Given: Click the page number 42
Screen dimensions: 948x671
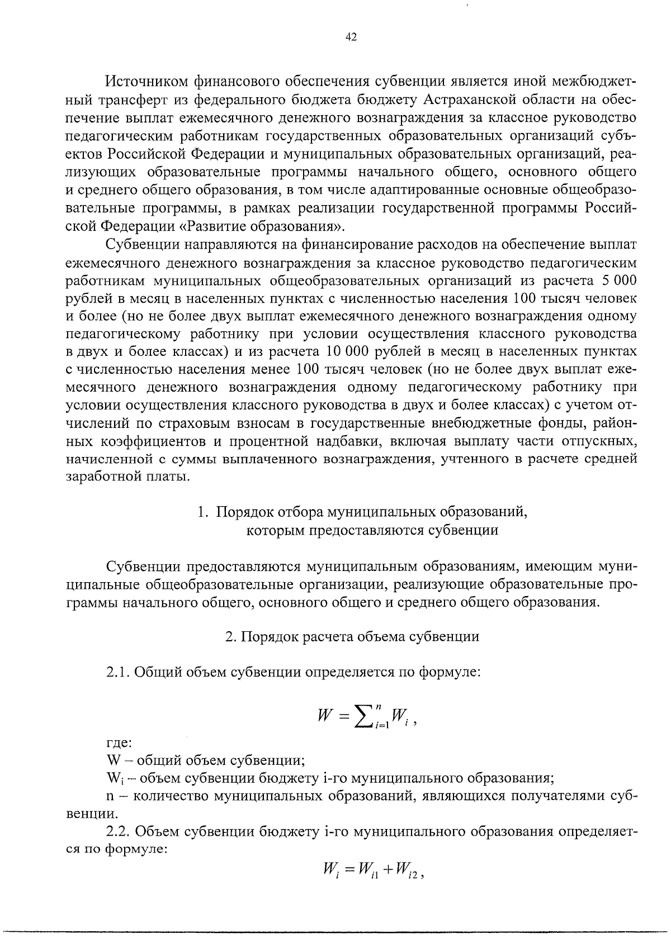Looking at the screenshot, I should click(351, 37).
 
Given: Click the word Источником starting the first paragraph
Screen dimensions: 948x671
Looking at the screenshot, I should click(145, 82).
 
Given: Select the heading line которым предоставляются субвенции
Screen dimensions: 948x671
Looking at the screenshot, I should click(372, 530).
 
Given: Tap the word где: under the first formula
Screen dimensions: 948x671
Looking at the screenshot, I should click(119, 744).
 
